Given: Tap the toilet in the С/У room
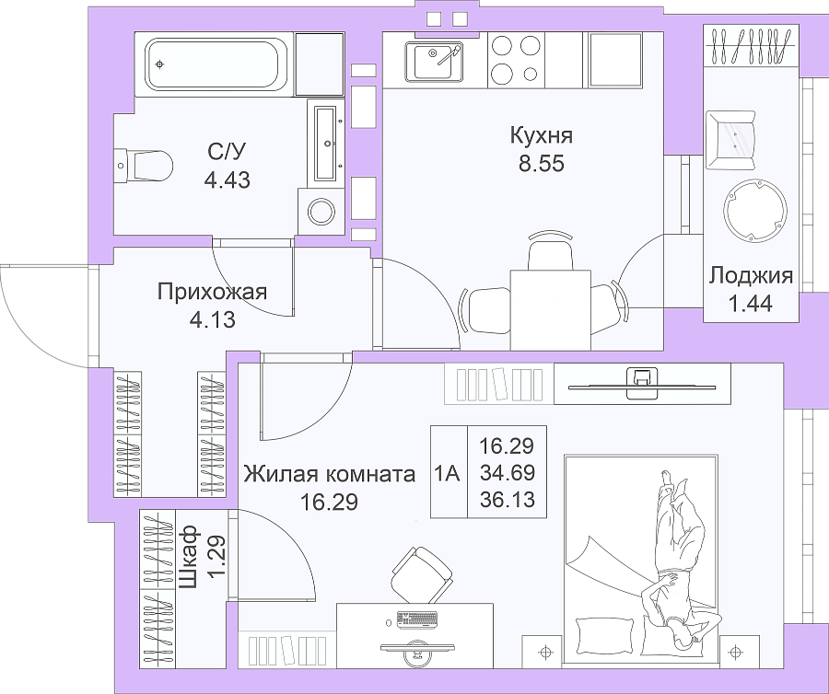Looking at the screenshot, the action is [x=145, y=165].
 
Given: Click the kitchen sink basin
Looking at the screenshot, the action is [x=434, y=61].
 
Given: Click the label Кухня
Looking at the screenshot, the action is [x=542, y=135].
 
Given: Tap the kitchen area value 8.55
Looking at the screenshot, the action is [x=542, y=164].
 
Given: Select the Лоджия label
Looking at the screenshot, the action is [x=751, y=275].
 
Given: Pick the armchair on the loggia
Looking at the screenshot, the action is [x=730, y=140].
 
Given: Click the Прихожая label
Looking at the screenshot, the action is [x=212, y=292].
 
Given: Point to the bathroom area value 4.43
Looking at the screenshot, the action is [x=228, y=180].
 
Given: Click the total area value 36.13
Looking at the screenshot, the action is [x=507, y=499].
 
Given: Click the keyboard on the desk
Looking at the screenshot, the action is [x=417, y=620].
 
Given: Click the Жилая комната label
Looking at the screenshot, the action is [x=330, y=474].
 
